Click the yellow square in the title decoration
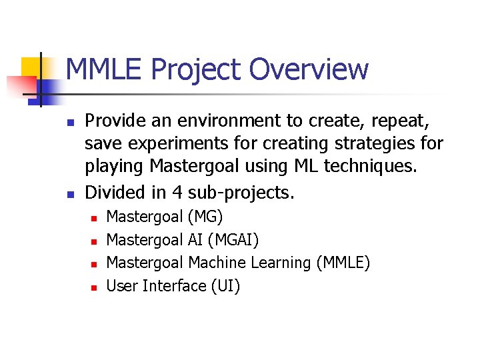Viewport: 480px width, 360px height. click(32, 67)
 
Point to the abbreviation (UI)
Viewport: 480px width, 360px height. click(225, 286)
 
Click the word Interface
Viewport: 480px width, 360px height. click(173, 286)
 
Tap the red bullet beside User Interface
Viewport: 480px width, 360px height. click(95, 287)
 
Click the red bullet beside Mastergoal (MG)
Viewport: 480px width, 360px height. click(95, 217)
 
